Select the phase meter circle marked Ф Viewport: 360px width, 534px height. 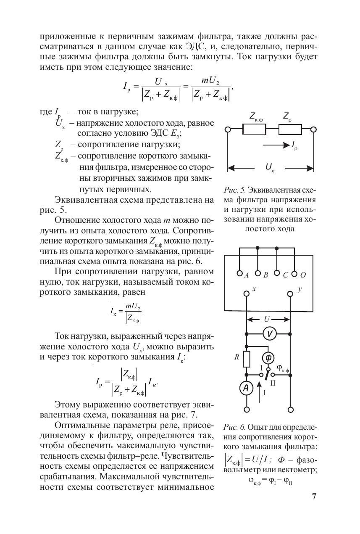tap(268, 358)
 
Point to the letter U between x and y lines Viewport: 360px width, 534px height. tap(267, 319)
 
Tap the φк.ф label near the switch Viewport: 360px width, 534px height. tap(284, 368)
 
